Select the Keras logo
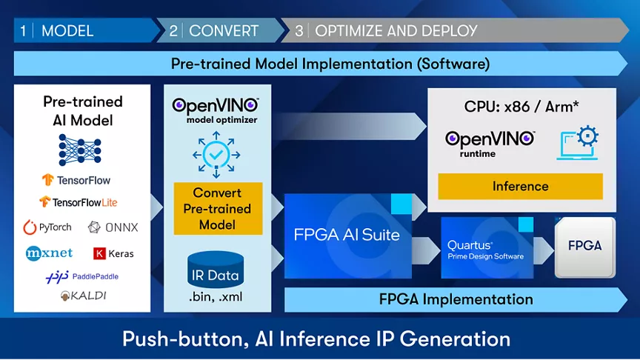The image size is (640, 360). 113,253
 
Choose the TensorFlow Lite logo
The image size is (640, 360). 78,201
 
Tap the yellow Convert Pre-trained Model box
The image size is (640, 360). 218,209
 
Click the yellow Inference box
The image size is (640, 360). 520,187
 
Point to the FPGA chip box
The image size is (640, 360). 584,247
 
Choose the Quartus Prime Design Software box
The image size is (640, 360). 485,247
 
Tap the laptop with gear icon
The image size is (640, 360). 579,143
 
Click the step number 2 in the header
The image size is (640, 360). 173,31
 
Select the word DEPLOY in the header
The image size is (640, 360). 450,31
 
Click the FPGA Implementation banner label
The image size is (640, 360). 456,299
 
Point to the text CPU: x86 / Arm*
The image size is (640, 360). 521,106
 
